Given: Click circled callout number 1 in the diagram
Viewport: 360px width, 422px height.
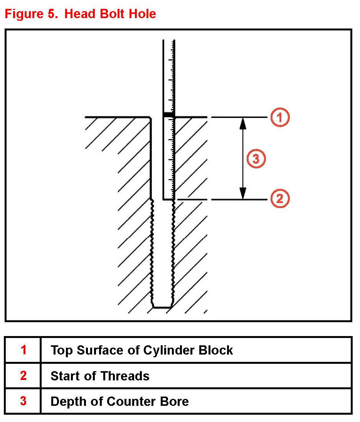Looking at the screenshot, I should [280, 117].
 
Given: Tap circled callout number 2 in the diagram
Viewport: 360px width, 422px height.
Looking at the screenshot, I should [280, 199].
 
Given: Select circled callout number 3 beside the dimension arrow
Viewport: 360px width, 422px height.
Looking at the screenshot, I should [256, 158].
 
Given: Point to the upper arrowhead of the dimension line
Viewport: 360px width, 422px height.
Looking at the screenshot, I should [242, 123].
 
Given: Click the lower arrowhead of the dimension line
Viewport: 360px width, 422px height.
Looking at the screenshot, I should [242, 193].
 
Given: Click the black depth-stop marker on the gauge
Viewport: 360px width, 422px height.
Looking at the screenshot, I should [168, 115].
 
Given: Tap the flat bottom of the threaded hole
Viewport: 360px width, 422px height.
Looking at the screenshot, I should [162, 307].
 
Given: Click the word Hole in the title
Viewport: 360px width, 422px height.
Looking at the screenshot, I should [141, 14].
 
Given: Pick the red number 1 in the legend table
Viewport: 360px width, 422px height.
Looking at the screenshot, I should [24, 350].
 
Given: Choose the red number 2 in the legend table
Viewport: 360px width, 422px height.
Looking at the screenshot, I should [24, 375].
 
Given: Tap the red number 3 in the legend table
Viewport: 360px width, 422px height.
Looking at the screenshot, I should [24, 401].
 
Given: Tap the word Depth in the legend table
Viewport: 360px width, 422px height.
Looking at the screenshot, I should [68, 402].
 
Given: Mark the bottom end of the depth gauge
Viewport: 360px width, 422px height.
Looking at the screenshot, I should [168, 199].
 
